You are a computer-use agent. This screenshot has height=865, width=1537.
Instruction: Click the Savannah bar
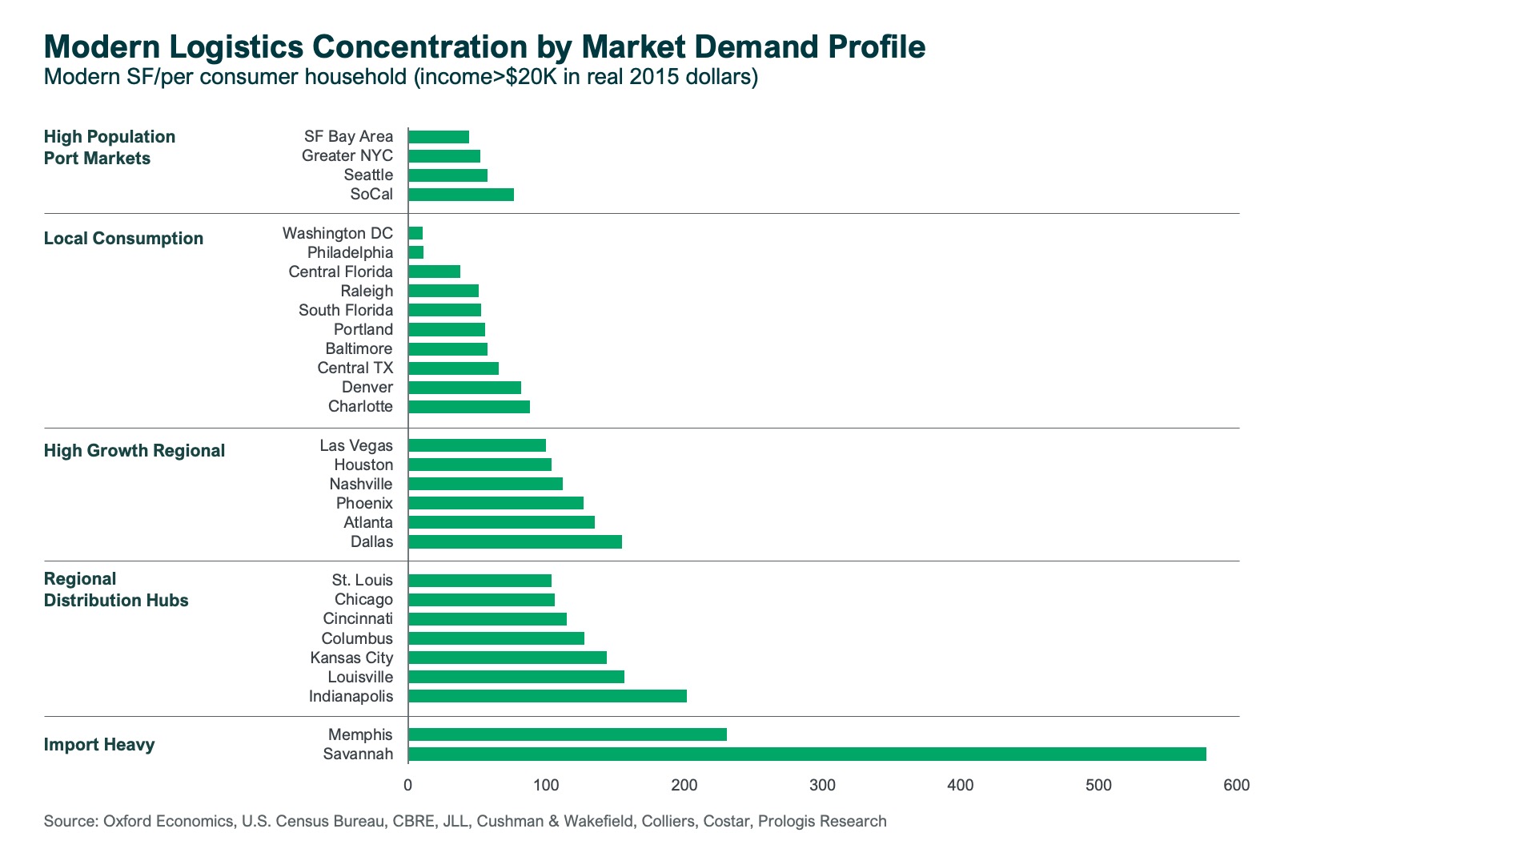(807, 754)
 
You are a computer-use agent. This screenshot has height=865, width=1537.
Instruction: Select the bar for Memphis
(568, 734)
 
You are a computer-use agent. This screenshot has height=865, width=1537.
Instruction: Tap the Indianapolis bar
(548, 696)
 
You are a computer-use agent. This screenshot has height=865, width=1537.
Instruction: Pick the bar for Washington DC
(415, 233)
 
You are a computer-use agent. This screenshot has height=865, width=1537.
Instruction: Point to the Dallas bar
(515, 541)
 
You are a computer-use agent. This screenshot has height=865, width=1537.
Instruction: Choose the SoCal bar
(461, 194)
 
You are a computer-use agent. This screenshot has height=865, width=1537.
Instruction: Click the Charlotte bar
(469, 406)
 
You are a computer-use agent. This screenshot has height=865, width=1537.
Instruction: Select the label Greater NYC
(347, 155)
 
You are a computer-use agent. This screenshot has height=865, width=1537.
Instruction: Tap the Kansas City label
(351, 658)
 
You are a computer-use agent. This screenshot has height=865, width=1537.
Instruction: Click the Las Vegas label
(355, 445)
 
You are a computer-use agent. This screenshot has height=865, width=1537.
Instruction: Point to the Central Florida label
(340, 272)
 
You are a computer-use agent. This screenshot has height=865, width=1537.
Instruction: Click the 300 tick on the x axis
(822, 785)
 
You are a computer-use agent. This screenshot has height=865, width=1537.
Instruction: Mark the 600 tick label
(1236, 785)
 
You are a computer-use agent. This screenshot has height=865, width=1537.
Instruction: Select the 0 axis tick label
(408, 785)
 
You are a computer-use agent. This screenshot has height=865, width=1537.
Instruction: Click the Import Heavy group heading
(99, 744)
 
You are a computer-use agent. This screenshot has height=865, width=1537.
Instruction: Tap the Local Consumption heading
(123, 238)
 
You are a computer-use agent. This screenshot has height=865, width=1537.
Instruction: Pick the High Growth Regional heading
(134, 450)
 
